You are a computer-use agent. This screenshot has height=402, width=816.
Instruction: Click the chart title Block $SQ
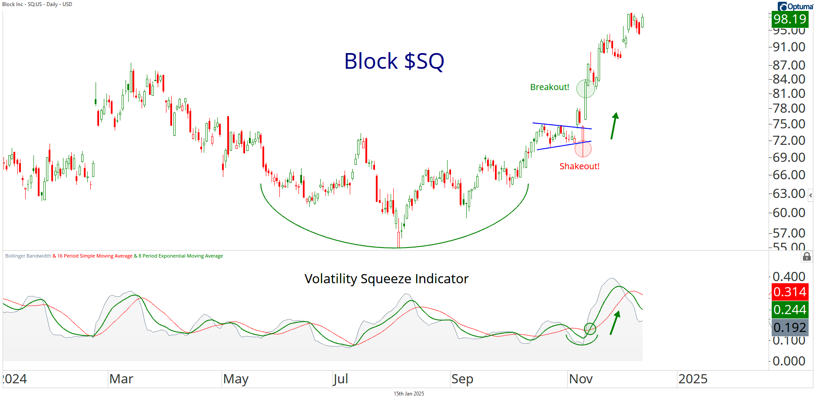click(x=394, y=61)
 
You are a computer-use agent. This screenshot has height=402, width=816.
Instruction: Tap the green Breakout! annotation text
click(x=549, y=87)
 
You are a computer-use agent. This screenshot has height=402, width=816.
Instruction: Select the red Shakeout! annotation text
click(x=579, y=166)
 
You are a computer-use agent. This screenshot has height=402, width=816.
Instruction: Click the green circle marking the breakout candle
click(x=585, y=89)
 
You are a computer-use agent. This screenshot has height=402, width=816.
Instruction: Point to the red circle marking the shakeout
click(x=583, y=149)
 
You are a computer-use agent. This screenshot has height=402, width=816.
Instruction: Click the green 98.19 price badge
click(x=789, y=19)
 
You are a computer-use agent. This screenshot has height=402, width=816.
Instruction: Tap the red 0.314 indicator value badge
click(x=789, y=292)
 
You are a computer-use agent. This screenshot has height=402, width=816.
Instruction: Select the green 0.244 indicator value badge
click(x=789, y=310)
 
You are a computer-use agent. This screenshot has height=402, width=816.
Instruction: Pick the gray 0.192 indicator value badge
click(x=789, y=328)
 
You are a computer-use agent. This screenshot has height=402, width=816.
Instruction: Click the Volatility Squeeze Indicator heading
click(x=386, y=279)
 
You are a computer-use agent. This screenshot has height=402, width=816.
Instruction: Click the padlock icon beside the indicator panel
click(x=806, y=257)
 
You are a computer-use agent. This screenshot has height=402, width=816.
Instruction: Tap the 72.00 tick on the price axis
click(x=789, y=141)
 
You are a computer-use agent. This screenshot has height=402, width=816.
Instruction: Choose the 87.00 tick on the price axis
click(x=789, y=65)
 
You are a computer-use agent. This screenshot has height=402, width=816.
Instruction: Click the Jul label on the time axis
click(x=341, y=379)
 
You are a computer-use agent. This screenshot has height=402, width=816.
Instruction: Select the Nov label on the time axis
click(x=580, y=379)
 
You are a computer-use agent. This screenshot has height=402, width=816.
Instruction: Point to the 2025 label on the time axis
click(x=693, y=379)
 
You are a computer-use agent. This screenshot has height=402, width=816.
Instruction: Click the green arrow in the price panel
click(x=614, y=126)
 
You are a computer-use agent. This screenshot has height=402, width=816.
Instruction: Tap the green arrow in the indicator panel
click(x=614, y=322)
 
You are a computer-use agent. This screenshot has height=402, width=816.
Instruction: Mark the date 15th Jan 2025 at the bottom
click(x=408, y=394)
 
